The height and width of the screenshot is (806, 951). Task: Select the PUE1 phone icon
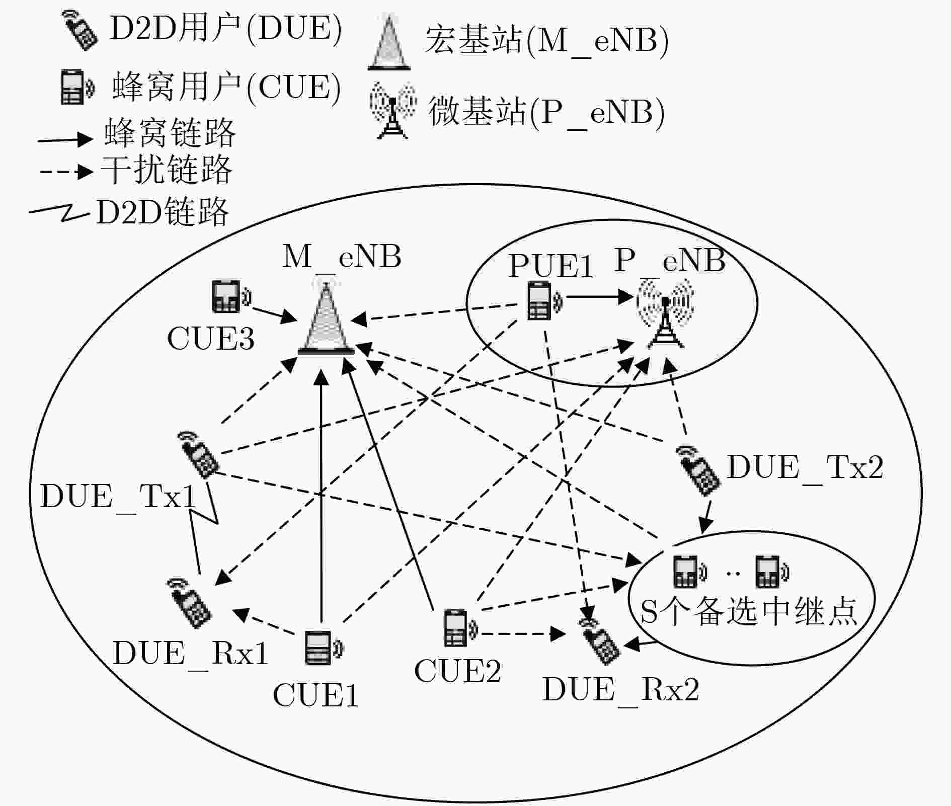pos(544,301)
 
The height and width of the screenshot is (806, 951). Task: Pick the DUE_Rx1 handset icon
pos(189,602)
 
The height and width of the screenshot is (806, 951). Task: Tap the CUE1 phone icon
pos(323,648)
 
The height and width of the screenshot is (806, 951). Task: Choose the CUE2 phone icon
pos(459,627)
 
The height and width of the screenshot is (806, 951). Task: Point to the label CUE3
pos(211,338)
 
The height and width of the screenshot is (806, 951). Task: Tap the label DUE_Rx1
pos(190,654)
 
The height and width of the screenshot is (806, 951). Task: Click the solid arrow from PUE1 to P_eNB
pos(599,296)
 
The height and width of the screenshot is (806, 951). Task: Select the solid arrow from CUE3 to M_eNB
pos(274,314)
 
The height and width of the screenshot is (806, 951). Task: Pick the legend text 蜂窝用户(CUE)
pos(226,87)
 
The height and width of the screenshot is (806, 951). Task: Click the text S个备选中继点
pos(749,611)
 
